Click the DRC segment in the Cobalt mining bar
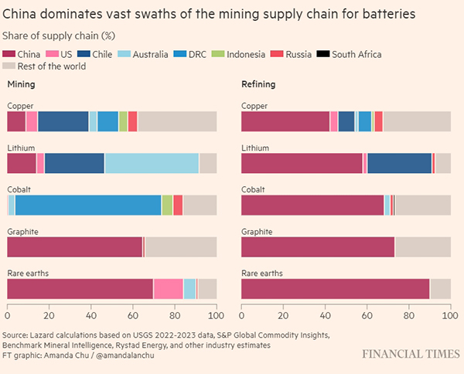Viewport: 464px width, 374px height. click(x=88, y=205)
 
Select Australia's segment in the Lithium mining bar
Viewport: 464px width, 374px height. click(x=152, y=163)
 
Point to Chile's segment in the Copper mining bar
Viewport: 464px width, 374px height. click(x=63, y=121)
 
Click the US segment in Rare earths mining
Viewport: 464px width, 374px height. click(x=168, y=288)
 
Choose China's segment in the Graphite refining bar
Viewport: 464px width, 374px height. click(x=318, y=246)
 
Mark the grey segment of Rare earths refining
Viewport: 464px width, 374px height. click(x=440, y=288)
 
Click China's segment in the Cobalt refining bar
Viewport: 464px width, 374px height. click(x=312, y=205)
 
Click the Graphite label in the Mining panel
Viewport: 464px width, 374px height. click(x=22, y=230)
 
